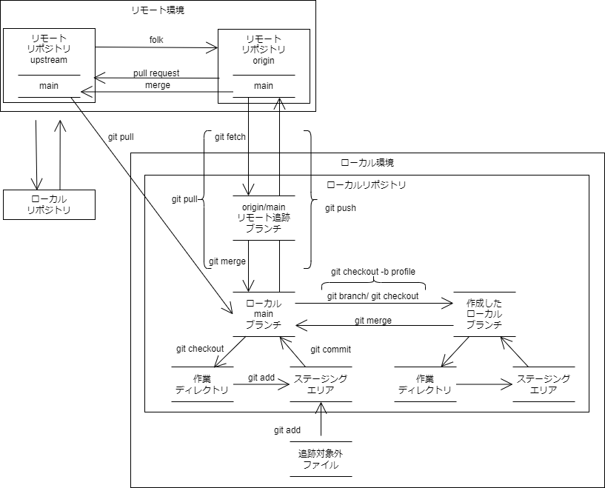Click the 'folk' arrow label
(156, 39)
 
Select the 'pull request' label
(156, 73)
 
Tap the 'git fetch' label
(230, 137)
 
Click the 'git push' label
(340, 208)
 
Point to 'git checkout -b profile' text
(373, 272)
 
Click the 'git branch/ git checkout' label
(372, 296)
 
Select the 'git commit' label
(330, 350)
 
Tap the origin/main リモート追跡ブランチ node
(264, 218)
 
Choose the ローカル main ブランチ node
(264, 314)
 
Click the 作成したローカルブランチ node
(484, 314)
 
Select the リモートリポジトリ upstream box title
(49, 50)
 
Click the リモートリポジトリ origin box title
(264, 50)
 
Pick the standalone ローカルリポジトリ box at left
(49, 205)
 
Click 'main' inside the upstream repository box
(49, 86)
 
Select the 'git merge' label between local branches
(373, 321)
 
